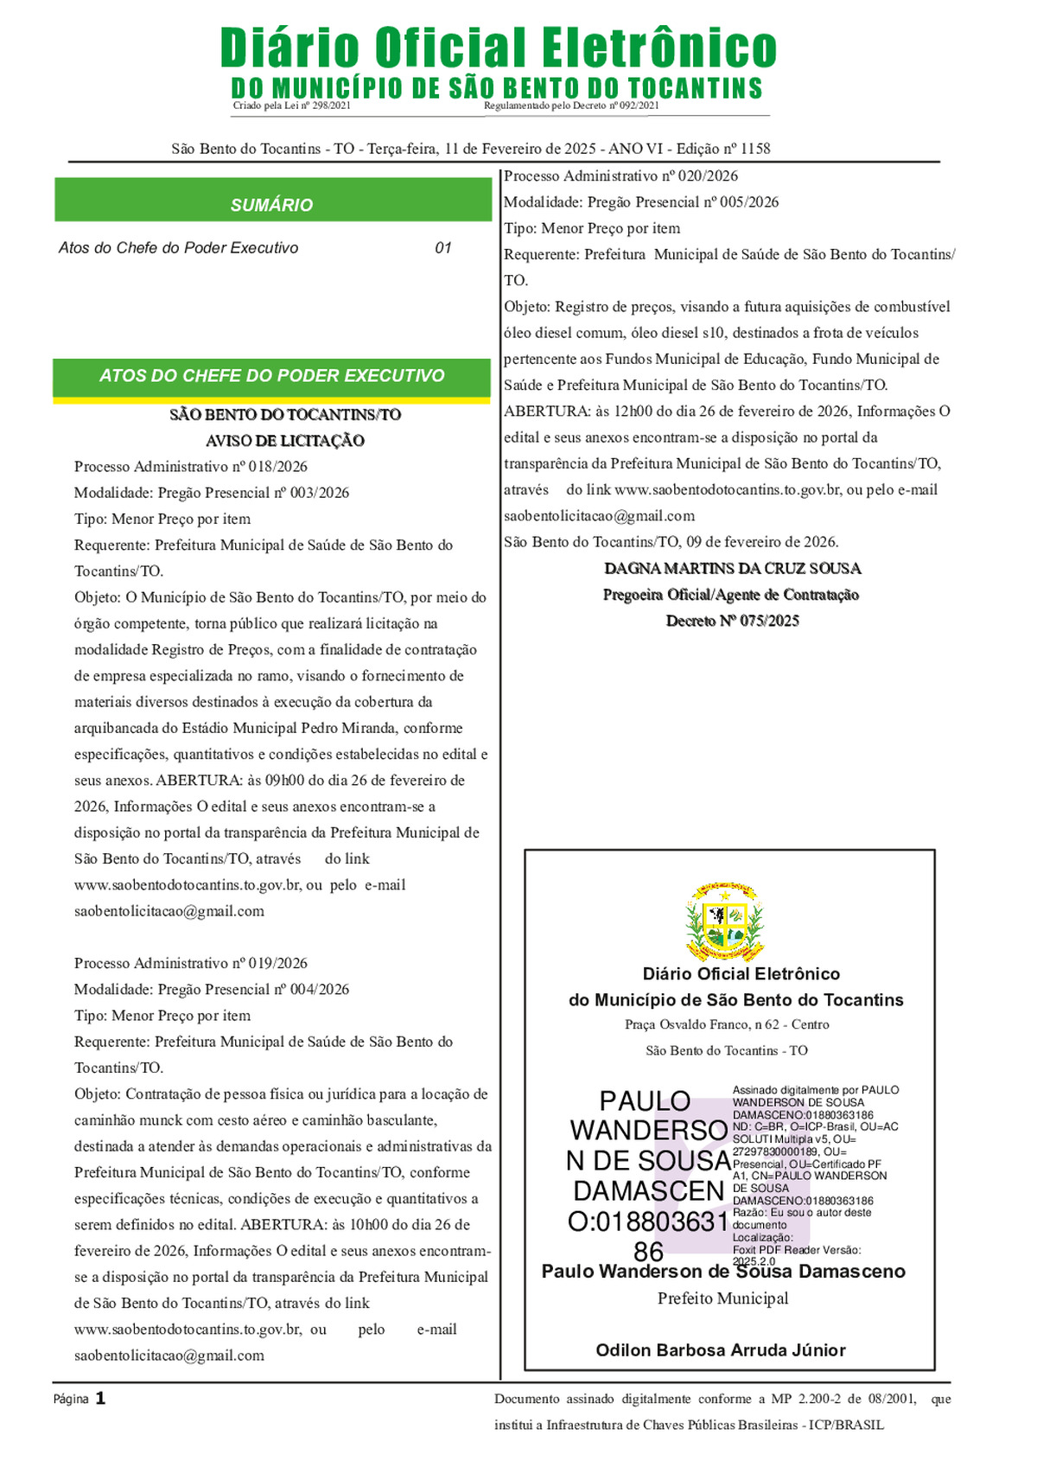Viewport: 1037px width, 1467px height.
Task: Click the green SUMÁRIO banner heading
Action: click(271, 205)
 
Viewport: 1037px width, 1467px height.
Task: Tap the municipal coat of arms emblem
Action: click(725, 922)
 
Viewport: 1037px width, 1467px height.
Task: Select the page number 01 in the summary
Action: click(443, 248)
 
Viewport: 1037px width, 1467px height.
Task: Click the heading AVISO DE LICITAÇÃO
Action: click(285, 441)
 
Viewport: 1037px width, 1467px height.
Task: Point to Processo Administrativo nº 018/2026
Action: click(191, 467)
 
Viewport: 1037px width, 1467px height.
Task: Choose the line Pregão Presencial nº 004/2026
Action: click(212, 990)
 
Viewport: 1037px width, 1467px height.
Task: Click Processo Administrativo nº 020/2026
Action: click(621, 176)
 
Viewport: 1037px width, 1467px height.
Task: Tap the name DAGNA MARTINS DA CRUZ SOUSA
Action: click(733, 569)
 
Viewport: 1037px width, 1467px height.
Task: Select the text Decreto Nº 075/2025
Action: click(733, 621)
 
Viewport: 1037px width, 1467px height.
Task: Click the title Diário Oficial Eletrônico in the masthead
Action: click(499, 48)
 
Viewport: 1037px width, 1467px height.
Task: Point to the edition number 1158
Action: click(755, 149)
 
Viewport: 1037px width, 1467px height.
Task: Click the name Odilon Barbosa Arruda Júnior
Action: click(721, 1350)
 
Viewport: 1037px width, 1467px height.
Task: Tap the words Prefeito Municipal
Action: click(723, 1298)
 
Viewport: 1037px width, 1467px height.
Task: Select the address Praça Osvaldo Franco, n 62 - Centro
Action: click(727, 1024)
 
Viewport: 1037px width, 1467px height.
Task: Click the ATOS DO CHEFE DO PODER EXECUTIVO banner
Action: click(271, 376)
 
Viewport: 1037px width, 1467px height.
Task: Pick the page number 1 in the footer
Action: click(100, 1398)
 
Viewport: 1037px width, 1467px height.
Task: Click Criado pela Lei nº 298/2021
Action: click(292, 105)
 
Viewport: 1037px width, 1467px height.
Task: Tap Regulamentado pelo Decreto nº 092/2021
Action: click(571, 105)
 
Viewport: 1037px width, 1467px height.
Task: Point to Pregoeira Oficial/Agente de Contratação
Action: click(731, 595)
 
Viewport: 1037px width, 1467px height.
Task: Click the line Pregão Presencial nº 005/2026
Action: click(641, 202)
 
